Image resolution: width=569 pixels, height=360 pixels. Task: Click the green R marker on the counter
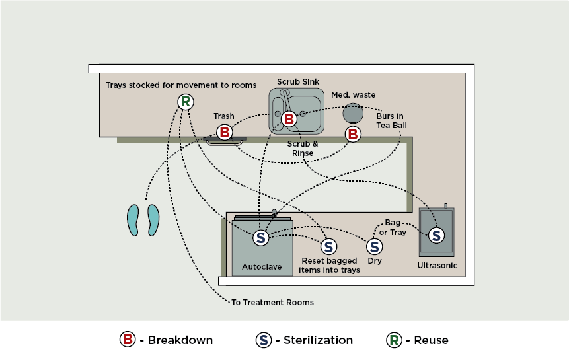pos(186,102)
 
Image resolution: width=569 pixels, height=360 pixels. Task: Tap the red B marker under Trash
pos(225,132)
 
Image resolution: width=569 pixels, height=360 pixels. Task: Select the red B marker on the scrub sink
pos(289,119)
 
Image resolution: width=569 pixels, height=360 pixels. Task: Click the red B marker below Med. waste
pos(353,134)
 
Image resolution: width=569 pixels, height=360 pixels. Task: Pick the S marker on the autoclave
pos(260,238)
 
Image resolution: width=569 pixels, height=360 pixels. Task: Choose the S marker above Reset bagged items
pos(328,247)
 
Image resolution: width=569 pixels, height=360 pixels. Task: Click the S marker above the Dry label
pos(374,246)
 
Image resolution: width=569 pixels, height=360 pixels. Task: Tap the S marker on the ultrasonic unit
pos(436,234)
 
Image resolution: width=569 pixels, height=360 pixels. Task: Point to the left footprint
pos(135,219)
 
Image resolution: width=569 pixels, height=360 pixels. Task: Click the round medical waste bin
pos(352,113)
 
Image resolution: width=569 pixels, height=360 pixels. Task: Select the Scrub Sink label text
pos(298,81)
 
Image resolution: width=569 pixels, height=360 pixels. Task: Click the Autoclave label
pos(261,267)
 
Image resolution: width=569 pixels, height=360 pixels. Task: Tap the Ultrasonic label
pos(437,266)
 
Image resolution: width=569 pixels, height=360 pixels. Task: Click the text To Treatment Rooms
pos(272,303)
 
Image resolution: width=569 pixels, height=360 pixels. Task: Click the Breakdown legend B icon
pos(127,340)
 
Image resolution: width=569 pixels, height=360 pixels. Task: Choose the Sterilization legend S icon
pos(263,340)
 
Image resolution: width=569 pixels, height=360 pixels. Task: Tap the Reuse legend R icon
pos(394,340)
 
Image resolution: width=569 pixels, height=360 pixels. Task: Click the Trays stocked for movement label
pos(181,85)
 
